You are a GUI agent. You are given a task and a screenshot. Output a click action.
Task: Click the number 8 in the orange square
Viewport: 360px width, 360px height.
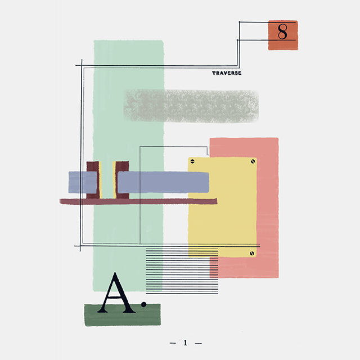point(282,31)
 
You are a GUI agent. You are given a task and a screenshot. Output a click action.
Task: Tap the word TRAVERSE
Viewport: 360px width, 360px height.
point(227,73)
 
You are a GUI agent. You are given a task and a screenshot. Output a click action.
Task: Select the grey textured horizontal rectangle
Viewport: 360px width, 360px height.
point(191,106)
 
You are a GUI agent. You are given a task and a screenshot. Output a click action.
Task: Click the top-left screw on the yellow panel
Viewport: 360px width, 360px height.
point(192,161)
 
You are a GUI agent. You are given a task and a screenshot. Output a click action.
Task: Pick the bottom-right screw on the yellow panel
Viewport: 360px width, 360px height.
point(252,254)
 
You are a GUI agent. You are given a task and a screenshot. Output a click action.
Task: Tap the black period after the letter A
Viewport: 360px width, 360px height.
point(144,304)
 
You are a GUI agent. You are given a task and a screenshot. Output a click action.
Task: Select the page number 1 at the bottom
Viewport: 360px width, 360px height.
point(185,343)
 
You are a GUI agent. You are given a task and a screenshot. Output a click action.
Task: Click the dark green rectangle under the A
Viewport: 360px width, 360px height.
point(122,318)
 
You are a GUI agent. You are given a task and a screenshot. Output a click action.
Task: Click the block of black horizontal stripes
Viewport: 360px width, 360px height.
point(182,271)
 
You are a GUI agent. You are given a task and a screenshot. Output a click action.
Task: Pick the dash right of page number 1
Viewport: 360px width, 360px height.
point(197,343)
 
